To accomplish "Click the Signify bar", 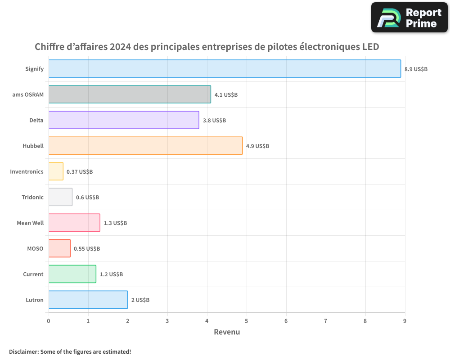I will pyautogui.click(x=225, y=69).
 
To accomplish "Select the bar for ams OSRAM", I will pyautogui.click(x=130, y=94).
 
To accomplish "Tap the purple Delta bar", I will pyautogui.click(x=124, y=120).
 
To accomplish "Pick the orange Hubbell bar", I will pyautogui.click(x=145, y=146).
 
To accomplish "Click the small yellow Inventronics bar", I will pyautogui.click(x=56, y=171).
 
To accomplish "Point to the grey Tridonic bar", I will pyautogui.click(x=60, y=197).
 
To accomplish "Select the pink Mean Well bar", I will pyautogui.click(x=74, y=223).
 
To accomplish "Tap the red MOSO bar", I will pyautogui.click(x=59, y=248).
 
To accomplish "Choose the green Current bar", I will pyautogui.click(x=72, y=274).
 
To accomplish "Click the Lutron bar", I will pyautogui.click(x=88, y=300).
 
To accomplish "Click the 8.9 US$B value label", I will pyautogui.click(x=416, y=69).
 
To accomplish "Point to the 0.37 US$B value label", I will pyautogui.click(x=80, y=172).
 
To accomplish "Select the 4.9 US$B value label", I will pyautogui.click(x=257, y=146).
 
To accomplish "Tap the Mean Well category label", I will pyautogui.click(x=30, y=223).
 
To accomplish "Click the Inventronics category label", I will pyautogui.click(x=27, y=171).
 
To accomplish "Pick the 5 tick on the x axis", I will pyautogui.click(x=247, y=321).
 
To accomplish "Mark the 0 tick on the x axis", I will pyautogui.click(x=49, y=321).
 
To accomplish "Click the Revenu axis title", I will pyautogui.click(x=227, y=332).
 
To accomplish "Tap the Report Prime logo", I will pyautogui.click(x=409, y=18).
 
